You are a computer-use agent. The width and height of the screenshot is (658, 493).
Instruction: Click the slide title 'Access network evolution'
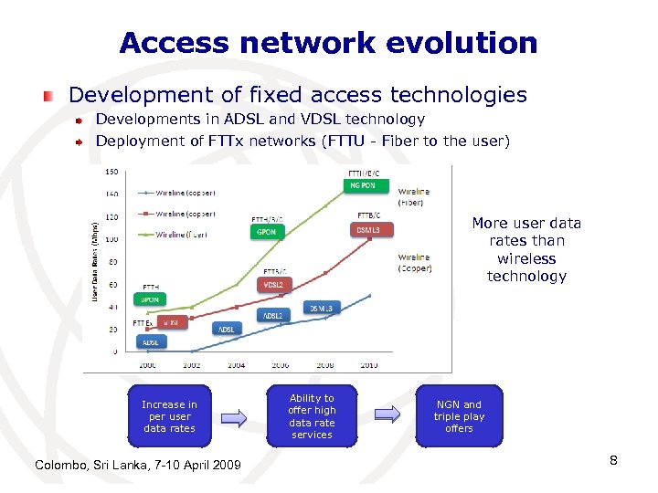coord(328,43)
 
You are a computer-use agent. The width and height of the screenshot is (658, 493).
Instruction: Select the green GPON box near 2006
coord(266,232)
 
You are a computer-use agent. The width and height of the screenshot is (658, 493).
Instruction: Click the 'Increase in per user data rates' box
coord(169,416)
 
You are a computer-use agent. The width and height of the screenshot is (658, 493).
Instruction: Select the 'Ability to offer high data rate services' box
coord(312,416)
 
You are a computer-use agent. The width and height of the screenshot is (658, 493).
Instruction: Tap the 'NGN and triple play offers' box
coord(459,416)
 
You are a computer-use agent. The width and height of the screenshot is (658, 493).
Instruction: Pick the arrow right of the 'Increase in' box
coord(234,417)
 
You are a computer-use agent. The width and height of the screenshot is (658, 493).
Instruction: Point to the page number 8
coord(614,460)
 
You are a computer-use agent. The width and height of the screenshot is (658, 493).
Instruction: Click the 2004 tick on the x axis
coord(236,364)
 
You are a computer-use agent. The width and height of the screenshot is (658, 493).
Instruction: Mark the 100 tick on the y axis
coord(111,239)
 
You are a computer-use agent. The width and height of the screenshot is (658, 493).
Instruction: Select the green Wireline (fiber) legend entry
coord(180,234)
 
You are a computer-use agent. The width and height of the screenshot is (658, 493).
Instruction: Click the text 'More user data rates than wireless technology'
coord(526,249)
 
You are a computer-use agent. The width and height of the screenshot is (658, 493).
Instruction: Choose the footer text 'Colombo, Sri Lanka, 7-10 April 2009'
coord(138,466)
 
